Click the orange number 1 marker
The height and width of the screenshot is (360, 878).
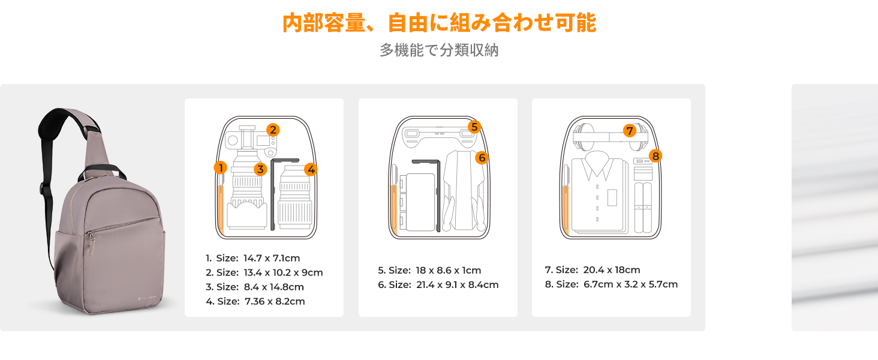click(221, 168)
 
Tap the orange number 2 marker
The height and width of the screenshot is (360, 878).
click(273, 130)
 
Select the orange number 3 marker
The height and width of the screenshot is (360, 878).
click(260, 169)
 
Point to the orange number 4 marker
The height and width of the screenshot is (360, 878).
click(311, 169)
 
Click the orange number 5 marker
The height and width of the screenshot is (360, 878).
click(474, 127)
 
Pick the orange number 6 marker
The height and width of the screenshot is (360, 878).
click(482, 158)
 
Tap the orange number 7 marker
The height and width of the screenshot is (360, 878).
click(630, 131)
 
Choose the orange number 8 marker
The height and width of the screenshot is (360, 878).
click(656, 156)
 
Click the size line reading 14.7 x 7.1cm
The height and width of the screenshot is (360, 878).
click(253, 258)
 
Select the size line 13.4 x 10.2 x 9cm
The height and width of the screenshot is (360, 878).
click(264, 272)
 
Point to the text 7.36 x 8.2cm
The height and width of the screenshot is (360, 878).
click(275, 301)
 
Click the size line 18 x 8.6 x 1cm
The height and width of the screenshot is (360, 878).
click(429, 270)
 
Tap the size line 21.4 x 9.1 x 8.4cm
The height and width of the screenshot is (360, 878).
click(438, 285)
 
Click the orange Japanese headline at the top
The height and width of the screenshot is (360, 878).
click(440, 22)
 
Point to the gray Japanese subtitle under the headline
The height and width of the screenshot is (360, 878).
click(439, 50)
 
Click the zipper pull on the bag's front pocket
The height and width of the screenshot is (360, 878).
click(91, 243)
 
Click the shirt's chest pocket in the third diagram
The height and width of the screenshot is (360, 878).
click(612, 197)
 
